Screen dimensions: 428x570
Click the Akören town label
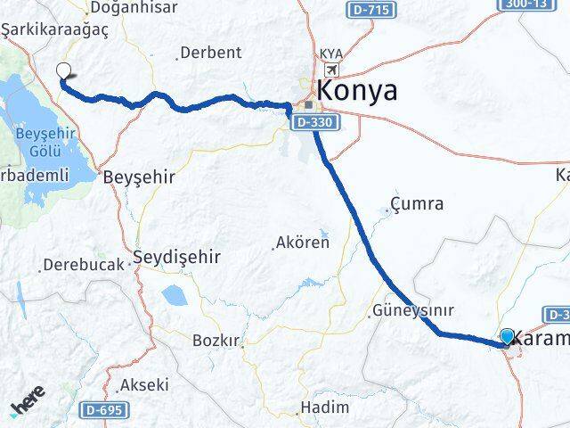303,242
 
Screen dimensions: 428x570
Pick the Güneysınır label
416,311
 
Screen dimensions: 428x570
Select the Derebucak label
81,266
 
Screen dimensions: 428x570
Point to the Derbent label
211,53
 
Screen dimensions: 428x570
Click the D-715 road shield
366,10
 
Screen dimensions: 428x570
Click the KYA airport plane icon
332,70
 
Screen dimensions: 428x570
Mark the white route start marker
63,72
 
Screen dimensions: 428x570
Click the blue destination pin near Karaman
508,336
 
